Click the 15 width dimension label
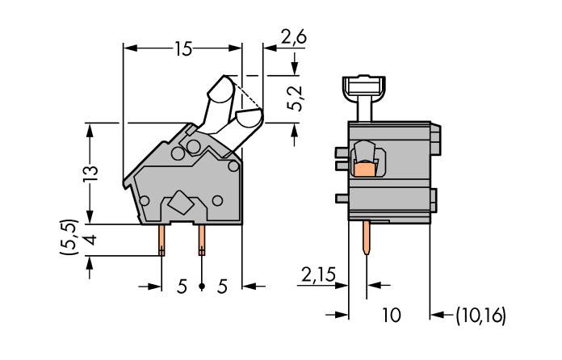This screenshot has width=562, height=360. tap(182, 48)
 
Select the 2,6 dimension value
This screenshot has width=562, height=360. tap(292, 36)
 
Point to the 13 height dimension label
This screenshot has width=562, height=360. tap(90, 172)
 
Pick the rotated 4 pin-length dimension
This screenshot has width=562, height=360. tap(90, 240)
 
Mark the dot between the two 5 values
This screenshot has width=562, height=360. tap(201, 286)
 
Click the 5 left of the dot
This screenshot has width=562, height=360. tap(182, 286)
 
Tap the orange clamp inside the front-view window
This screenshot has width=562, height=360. tap(366, 167)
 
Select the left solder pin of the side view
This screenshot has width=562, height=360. tap(162, 239)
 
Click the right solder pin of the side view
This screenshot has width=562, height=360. tap(201, 239)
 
